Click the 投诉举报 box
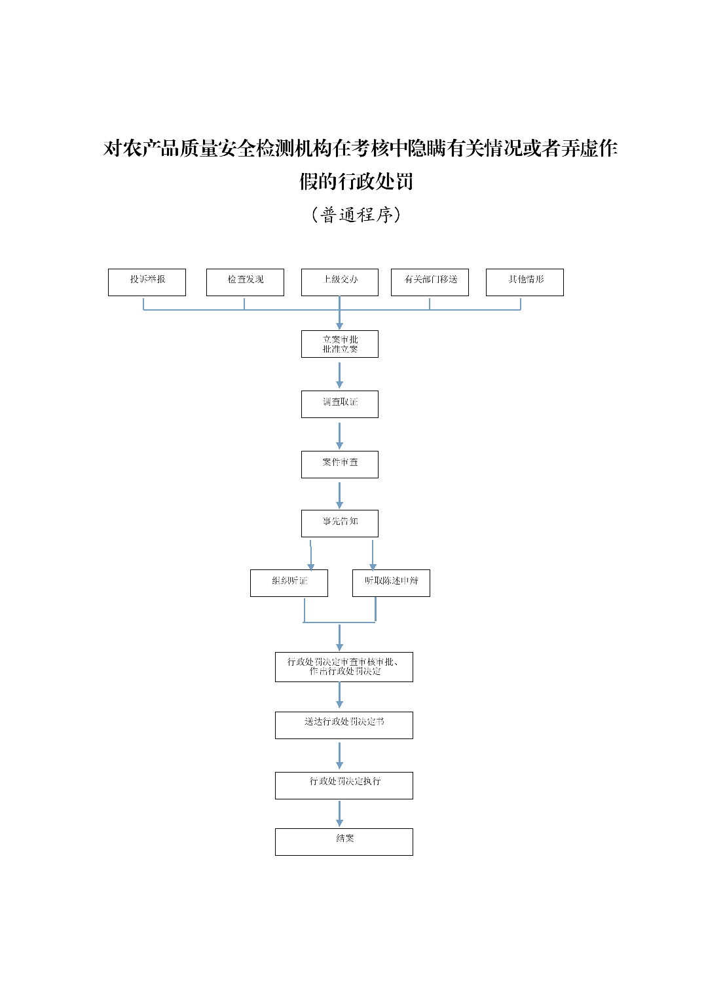147,282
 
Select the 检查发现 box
245,282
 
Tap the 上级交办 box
339,282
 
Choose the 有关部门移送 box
430,282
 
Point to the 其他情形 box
525,282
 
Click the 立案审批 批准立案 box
339,344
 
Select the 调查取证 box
339,404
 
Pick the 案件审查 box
339,465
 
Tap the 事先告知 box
339,524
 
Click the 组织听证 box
289,583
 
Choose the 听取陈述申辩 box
391,583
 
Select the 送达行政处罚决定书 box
344,725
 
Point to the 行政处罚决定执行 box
344,786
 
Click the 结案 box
344,842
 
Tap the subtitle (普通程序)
356,215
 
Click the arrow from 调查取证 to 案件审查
339,435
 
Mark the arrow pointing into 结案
339,814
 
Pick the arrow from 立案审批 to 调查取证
339,375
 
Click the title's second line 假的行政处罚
356,182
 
